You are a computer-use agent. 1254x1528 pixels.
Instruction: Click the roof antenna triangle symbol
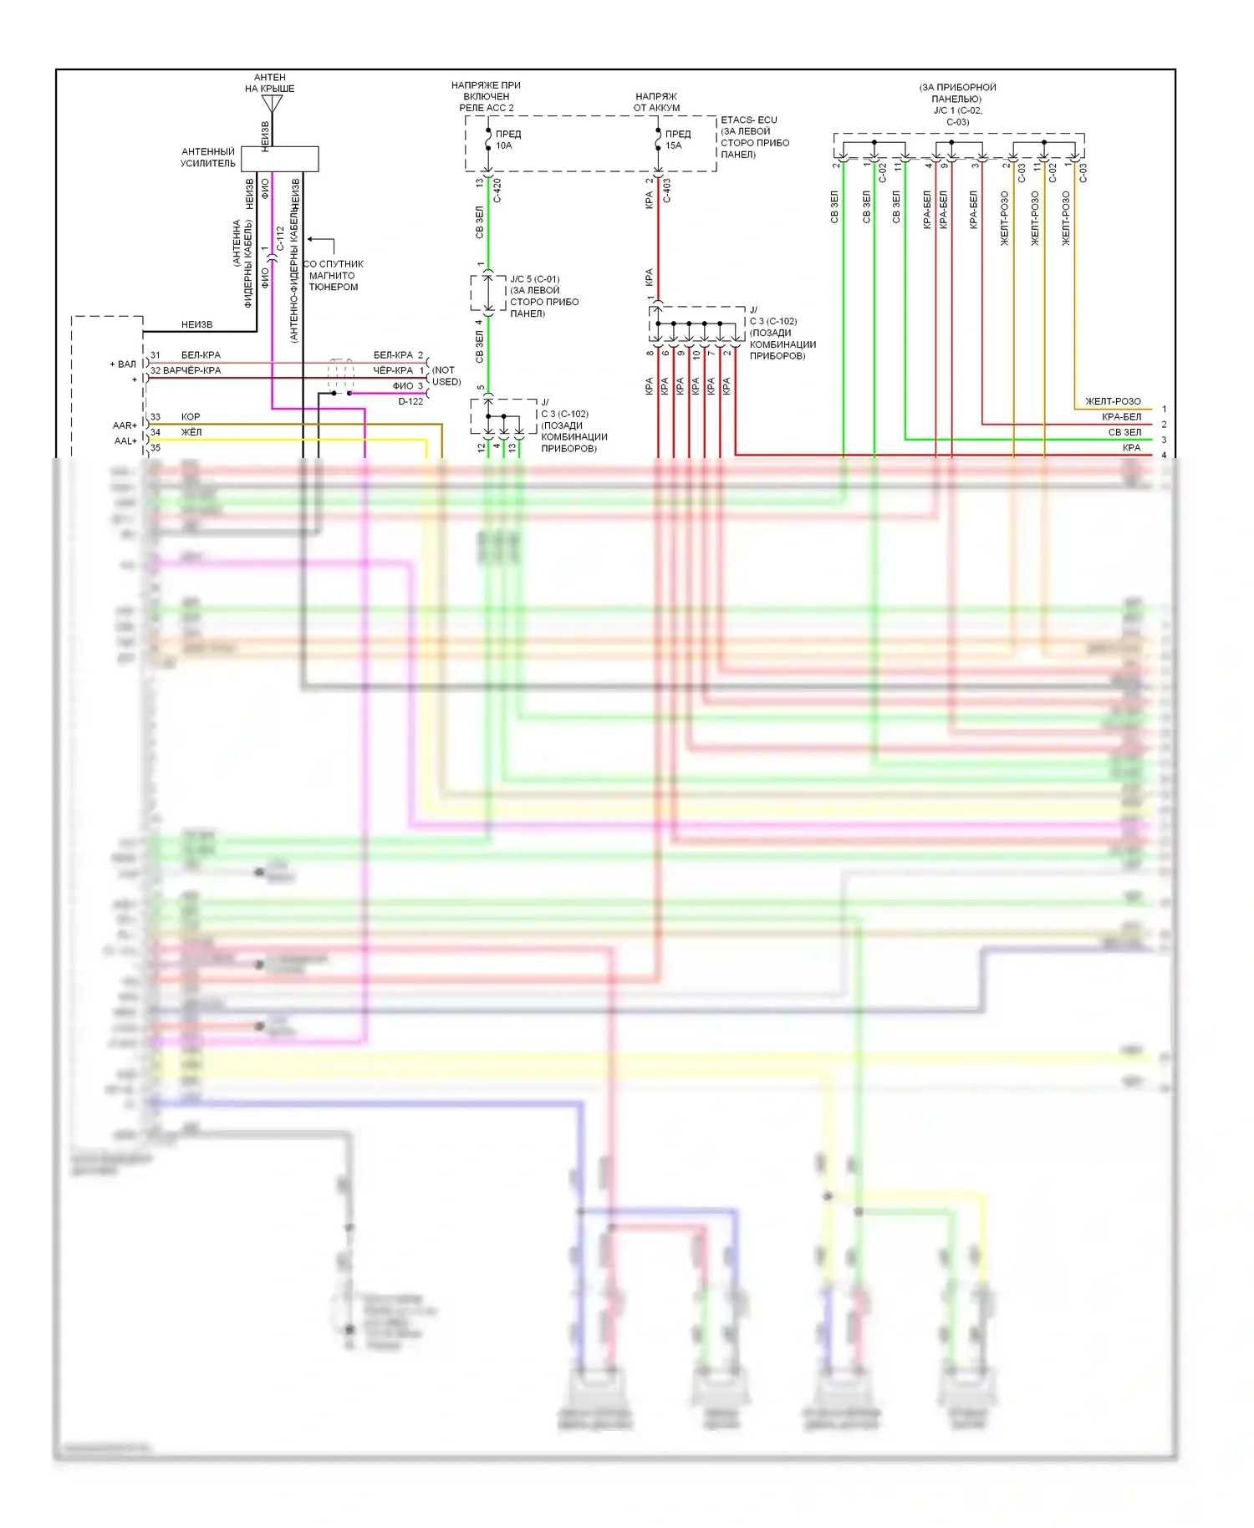[x=272, y=104]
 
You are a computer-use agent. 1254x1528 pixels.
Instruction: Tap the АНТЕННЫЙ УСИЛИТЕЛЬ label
[x=208, y=158]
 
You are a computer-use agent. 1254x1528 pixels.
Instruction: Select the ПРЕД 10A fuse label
[x=507, y=140]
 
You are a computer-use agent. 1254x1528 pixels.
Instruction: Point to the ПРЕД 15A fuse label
[x=677, y=140]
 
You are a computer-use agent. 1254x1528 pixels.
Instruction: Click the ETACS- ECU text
[x=749, y=120]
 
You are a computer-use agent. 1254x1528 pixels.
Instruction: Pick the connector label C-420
[x=497, y=191]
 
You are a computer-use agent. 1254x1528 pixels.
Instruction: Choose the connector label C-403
[x=667, y=191]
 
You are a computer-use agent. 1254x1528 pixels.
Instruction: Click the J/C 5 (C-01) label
[x=535, y=279]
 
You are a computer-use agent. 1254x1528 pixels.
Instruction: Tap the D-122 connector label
[x=410, y=402]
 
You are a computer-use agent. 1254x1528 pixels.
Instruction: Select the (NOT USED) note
[x=446, y=376]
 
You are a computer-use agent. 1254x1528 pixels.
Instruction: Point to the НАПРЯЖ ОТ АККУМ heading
[x=656, y=102]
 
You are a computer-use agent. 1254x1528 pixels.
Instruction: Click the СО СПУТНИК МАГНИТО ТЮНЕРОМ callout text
[x=334, y=275]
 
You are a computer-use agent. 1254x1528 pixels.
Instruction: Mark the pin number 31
[x=155, y=355]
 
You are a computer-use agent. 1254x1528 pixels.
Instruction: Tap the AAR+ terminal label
[x=125, y=425]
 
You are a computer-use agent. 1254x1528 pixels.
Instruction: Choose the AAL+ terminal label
[x=125, y=441]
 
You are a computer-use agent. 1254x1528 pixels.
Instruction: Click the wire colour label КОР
[x=191, y=417]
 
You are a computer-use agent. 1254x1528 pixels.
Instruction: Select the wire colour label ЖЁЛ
[x=191, y=432]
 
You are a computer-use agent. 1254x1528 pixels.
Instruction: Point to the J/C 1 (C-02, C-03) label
[x=958, y=110]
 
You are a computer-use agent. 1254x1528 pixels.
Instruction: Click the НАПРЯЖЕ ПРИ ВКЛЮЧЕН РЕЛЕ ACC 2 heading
[x=486, y=96]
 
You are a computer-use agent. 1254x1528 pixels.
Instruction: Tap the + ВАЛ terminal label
[x=123, y=364]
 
